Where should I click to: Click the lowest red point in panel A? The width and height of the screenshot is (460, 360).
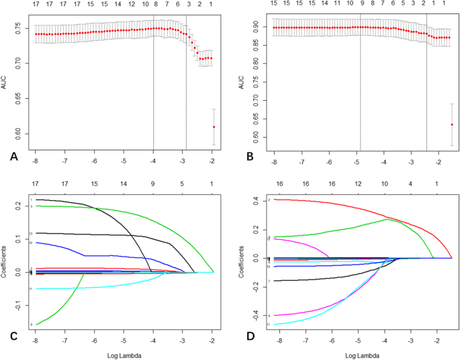(214, 127)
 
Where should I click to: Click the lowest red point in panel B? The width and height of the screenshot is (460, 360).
(452, 124)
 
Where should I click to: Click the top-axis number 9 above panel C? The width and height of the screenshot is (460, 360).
(153, 183)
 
